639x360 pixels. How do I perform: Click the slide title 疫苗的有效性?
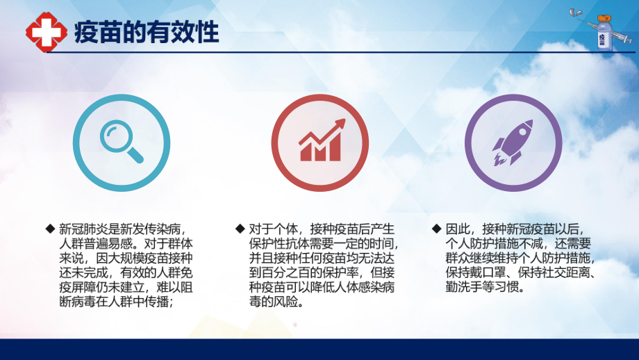pos(146,32)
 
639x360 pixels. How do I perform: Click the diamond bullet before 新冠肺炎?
pos(50,229)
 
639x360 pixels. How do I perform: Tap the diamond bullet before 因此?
pos(435,229)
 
